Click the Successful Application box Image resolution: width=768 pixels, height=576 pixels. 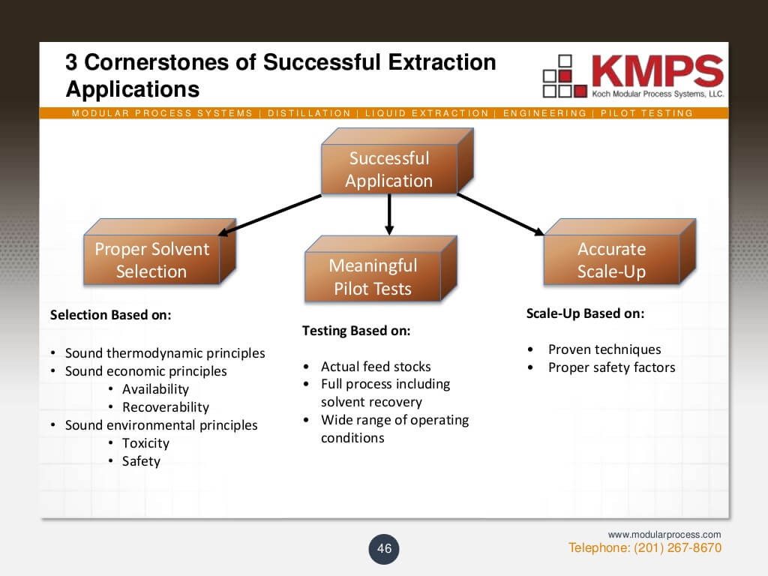point(388,169)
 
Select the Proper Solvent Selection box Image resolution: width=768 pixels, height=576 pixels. point(151,260)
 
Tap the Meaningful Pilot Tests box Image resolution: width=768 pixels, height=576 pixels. point(373,277)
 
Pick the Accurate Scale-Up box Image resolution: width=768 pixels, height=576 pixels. point(611,260)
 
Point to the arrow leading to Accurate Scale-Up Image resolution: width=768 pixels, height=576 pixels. point(499,214)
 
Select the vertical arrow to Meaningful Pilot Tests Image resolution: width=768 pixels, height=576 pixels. point(388,214)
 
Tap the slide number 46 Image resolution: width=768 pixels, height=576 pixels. point(384,548)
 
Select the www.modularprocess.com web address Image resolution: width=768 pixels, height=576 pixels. point(664,534)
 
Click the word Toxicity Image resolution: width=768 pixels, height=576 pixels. point(145,443)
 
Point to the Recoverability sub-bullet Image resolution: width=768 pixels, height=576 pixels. point(165,407)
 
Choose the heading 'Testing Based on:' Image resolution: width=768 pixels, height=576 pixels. point(355,331)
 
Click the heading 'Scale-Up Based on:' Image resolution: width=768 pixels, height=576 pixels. point(585,313)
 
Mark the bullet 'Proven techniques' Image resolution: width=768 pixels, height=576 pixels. point(604,349)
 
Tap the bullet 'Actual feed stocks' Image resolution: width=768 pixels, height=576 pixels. point(376,367)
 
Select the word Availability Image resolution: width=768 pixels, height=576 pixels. point(155,389)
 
